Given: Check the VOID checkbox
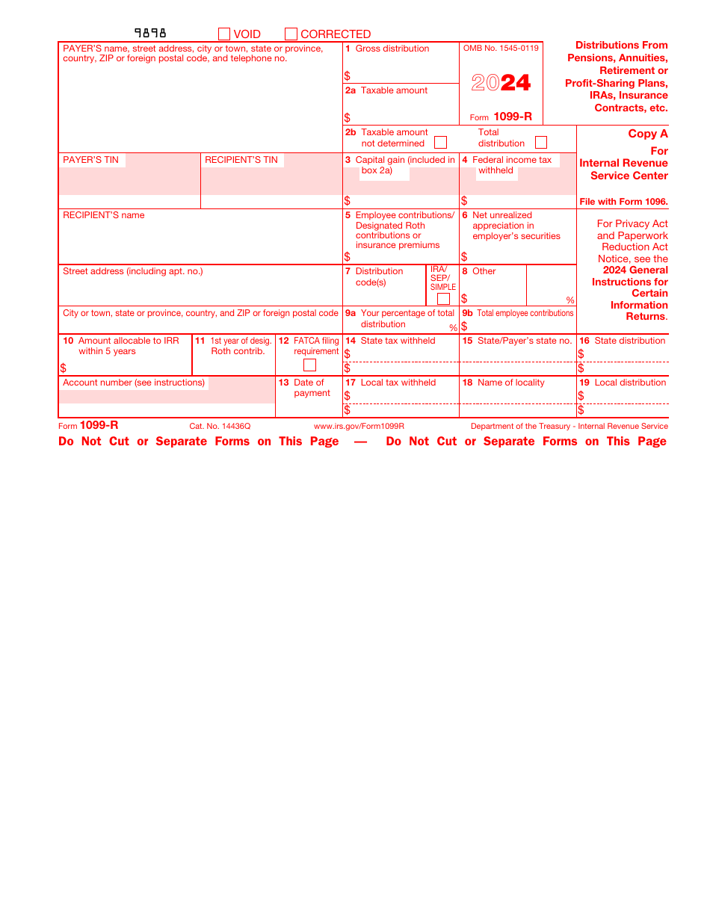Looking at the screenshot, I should [x=224, y=34].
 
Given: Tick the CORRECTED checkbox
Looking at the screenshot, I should [x=291, y=34].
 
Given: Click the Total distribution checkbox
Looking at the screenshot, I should [x=541, y=143].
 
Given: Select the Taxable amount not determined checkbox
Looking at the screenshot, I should [x=441, y=143].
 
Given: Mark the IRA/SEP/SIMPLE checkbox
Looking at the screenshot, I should [x=443, y=299].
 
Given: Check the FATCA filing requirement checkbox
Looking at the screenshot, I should [x=309, y=365].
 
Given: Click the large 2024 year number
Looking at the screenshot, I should [x=501, y=83].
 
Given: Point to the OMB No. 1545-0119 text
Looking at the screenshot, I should [x=501, y=49].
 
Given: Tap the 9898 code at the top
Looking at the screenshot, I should [x=150, y=33].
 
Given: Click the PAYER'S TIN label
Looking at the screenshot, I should [x=90, y=160].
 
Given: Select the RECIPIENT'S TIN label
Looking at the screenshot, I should [x=241, y=160].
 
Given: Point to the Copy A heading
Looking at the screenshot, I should [x=647, y=134].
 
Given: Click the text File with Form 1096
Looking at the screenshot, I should [x=623, y=202].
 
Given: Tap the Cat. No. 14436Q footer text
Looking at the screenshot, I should [x=220, y=427].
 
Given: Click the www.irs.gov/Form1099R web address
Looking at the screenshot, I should [x=359, y=427].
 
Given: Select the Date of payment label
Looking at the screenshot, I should [x=311, y=388].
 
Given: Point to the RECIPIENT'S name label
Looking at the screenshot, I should [x=104, y=215].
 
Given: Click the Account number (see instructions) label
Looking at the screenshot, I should [x=134, y=383].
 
